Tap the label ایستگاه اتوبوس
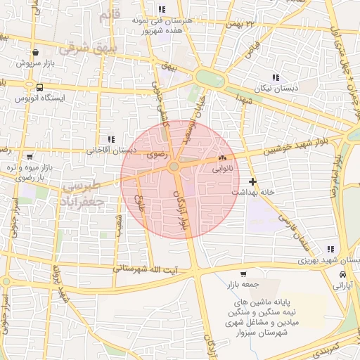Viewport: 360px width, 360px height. pos(72,98)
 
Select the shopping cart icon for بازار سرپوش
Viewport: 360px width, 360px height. pos(35,52)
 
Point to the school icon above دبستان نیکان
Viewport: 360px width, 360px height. pos(275,77)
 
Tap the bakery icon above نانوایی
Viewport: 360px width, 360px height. pos(223,158)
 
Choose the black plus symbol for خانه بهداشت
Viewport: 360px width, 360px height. pos(253,181)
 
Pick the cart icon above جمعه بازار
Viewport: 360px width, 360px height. pos(243,274)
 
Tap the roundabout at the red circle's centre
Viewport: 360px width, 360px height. pos(174,166)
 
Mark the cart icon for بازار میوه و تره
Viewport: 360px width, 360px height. pos(30,156)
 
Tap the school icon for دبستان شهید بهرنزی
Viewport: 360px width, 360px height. pos(330,249)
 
